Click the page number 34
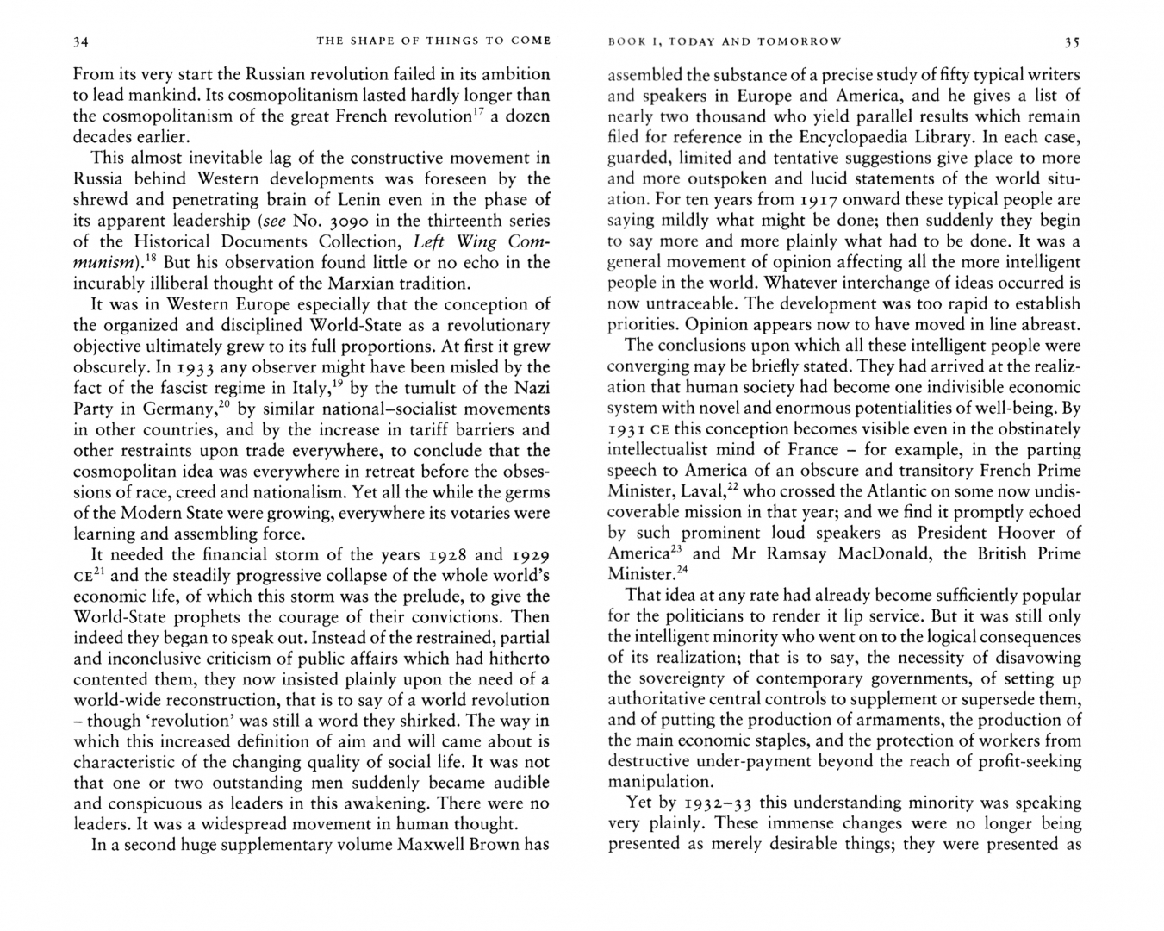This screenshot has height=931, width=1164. [82, 41]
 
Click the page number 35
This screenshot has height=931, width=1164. [1072, 41]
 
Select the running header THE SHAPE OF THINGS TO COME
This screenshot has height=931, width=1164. [433, 41]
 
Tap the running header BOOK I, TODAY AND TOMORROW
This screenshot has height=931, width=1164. [725, 41]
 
